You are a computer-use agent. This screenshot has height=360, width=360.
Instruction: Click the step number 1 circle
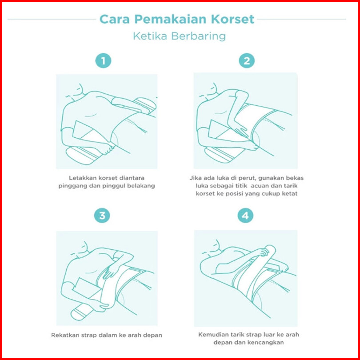point(103,60)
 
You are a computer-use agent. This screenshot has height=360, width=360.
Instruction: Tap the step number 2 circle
point(247,61)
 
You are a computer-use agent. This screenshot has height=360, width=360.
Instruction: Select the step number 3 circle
point(102,216)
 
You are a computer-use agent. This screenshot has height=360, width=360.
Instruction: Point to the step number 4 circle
point(245,216)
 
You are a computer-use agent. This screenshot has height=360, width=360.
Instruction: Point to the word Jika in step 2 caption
point(195,178)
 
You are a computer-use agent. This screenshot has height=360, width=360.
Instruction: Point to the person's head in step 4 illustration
point(212,248)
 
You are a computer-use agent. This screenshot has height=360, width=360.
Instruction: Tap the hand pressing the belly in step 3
point(112,271)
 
